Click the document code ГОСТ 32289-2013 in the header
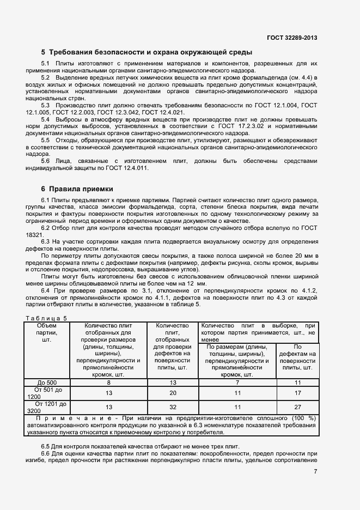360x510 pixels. coord(292,38)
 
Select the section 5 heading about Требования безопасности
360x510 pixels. coord(147,53)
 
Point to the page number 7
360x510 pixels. coord(315,471)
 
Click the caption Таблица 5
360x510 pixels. coord(46,318)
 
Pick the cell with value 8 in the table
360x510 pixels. coord(109,382)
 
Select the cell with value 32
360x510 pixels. coord(172,406)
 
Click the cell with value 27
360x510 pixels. coord(298,406)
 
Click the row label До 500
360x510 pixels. coord(46,382)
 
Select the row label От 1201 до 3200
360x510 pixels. coord(46,407)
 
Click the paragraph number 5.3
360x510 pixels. coord(46,105)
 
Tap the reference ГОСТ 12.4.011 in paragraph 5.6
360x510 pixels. coord(126,168)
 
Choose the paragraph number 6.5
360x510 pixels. coord(46,446)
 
